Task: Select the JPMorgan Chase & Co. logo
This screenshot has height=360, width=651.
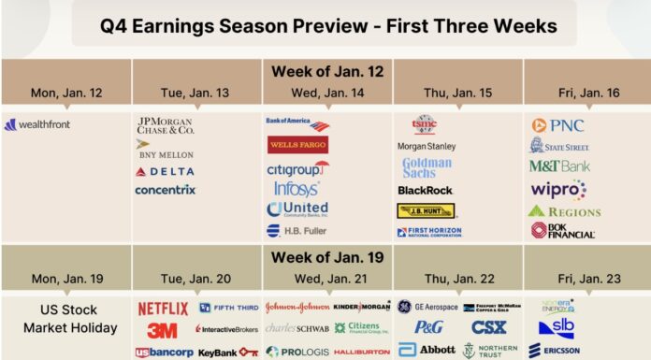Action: click(165, 125)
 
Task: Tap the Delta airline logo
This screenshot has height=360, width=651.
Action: click(165, 171)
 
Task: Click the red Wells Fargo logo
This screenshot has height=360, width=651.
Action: click(297, 145)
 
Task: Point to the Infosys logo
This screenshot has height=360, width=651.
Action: click(297, 188)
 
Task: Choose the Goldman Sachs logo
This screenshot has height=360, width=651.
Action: click(427, 167)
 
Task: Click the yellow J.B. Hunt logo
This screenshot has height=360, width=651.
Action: click(427, 210)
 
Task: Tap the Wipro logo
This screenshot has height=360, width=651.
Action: click(557, 189)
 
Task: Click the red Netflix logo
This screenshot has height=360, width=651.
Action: click(163, 309)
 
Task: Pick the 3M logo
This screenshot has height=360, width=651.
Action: click(162, 330)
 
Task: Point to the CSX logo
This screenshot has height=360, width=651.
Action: click(488, 327)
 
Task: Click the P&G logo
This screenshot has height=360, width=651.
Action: click(428, 327)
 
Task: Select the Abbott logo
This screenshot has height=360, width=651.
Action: click(427, 350)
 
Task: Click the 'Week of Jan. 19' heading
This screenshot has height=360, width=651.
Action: click(326, 256)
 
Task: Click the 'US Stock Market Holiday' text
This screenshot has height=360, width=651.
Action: click(66, 319)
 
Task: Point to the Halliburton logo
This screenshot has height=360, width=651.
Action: click(361, 352)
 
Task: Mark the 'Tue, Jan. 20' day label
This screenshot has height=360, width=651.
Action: click(197, 279)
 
